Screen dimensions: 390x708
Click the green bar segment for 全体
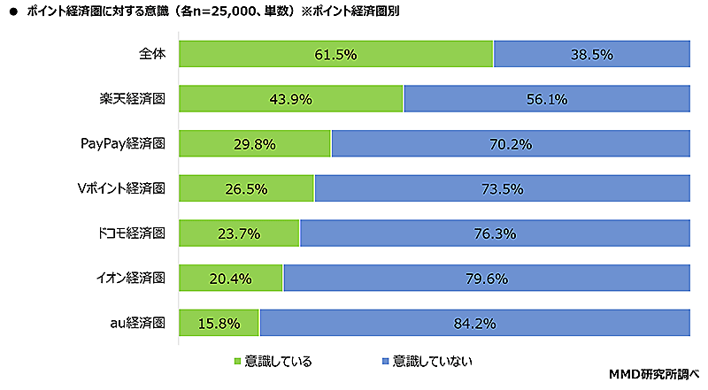[x=265, y=54]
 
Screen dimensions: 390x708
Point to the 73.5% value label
[x=502, y=188]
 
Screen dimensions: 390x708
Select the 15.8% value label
[x=219, y=323]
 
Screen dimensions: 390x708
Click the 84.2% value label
[x=475, y=323]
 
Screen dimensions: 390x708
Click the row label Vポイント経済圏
[x=122, y=188]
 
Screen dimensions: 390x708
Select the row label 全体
[x=152, y=54]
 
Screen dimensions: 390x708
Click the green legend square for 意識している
[x=237, y=361]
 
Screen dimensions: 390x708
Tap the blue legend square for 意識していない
[x=384, y=361]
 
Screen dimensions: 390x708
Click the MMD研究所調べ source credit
[x=655, y=375]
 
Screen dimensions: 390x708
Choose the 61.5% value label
[x=335, y=54]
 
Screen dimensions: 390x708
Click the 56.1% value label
[x=546, y=99]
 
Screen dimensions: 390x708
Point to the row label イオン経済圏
[x=130, y=279]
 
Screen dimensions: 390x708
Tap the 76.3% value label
[x=495, y=233]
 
